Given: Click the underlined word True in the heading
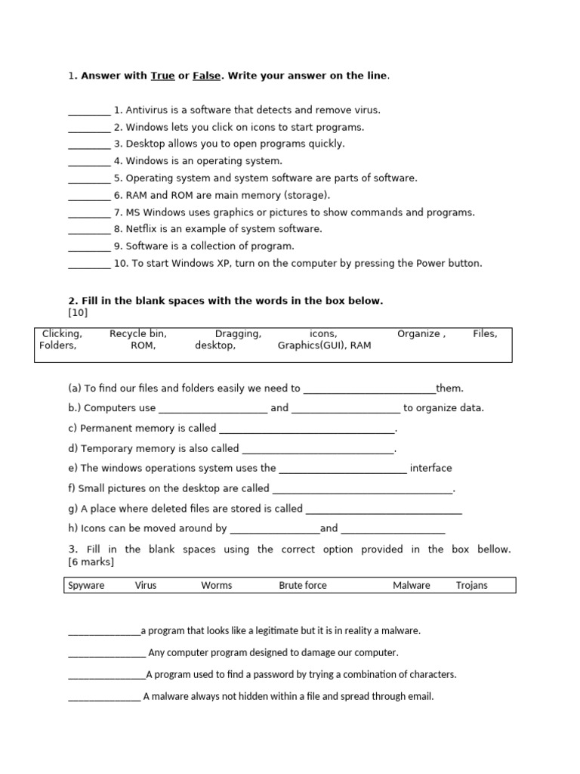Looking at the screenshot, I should pyautogui.click(x=163, y=76).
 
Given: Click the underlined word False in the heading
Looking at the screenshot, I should pyautogui.click(x=207, y=76).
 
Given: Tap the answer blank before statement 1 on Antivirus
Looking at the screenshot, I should pyautogui.click(x=89, y=110).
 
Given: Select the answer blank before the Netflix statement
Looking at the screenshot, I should pyautogui.click(x=89, y=230).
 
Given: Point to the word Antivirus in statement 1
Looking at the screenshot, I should pyautogui.click(x=147, y=110).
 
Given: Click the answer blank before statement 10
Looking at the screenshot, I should pyautogui.click(x=89, y=264).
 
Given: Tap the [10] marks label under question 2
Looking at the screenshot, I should pyautogui.click(x=79, y=312).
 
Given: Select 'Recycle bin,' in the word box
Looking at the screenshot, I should pyautogui.click(x=138, y=333).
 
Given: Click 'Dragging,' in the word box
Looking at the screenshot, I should pyautogui.click(x=239, y=333).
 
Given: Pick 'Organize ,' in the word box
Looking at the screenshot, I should pyautogui.click(x=421, y=333).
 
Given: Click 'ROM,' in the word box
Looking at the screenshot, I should pyautogui.click(x=143, y=345).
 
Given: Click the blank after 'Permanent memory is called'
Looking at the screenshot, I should pyautogui.click(x=307, y=429).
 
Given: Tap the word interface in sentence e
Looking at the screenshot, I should pyautogui.click(x=431, y=468).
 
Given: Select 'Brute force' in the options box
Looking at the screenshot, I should pyautogui.click(x=303, y=585).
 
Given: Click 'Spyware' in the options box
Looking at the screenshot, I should pyautogui.click(x=87, y=585).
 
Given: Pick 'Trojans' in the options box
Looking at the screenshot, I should pyautogui.click(x=472, y=585).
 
